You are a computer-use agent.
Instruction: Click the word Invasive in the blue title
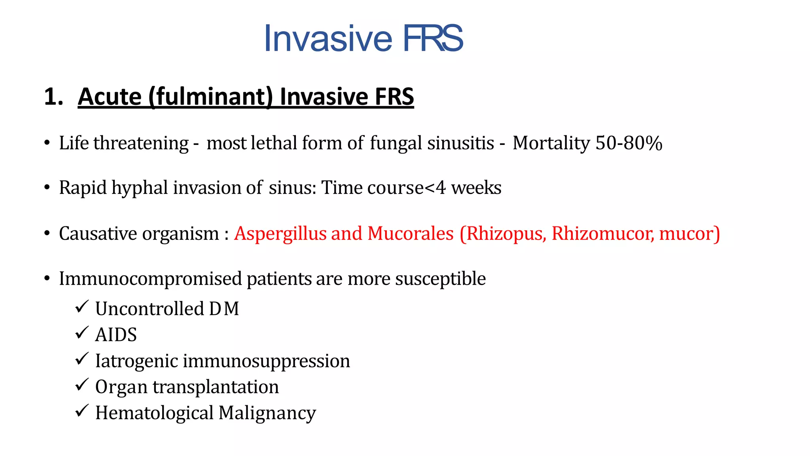pyautogui.click(x=328, y=38)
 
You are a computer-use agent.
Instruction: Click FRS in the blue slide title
pyautogui.click(x=433, y=38)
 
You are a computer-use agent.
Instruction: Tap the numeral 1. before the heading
pyautogui.click(x=53, y=97)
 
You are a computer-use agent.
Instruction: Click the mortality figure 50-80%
pyautogui.click(x=629, y=143)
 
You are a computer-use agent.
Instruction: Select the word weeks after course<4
pyautogui.click(x=476, y=188)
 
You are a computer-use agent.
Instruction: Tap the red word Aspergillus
pyautogui.click(x=280, y=233)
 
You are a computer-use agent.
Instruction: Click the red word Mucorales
pyautogui.click(x=411, y=233)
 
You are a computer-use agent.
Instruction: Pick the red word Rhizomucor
pyautogui.click(x=602, y=233)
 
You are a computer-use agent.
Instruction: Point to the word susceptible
pyautogui.click(x=440, y=279)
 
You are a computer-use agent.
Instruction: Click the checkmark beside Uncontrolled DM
pyautogui.click(x=81, y=307)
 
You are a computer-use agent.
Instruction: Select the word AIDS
pyautogui.click(x=116, y=335)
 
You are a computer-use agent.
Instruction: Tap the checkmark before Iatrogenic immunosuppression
pyautogui.click(x=81, y=359)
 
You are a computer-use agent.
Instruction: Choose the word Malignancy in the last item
pyautogui.click(x=267, y=413)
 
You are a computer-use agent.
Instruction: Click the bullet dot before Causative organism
pyautogui.click(x=47, y=234)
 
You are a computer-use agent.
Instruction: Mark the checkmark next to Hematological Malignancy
pyautogui.click(x=81, y=411)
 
